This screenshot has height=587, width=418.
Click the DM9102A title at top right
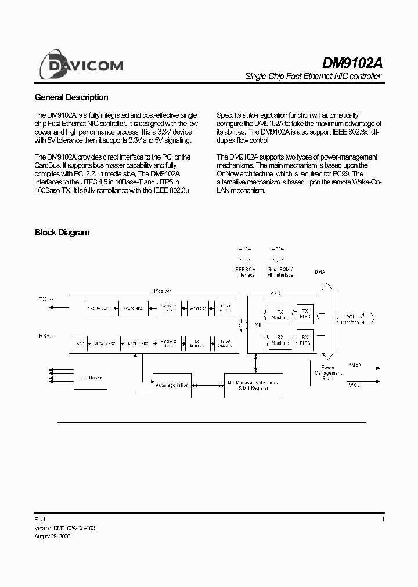point(352,63)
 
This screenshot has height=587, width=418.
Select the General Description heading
point(71,97)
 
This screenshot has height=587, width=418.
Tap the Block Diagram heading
point(62,233)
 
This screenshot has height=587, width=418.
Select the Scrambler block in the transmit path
point(197,309)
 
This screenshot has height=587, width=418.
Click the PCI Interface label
point(350,319)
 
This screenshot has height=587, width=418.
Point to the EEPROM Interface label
point(245,272)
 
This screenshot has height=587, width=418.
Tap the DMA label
point(320,272)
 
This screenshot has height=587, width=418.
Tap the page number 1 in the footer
point(383,520)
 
